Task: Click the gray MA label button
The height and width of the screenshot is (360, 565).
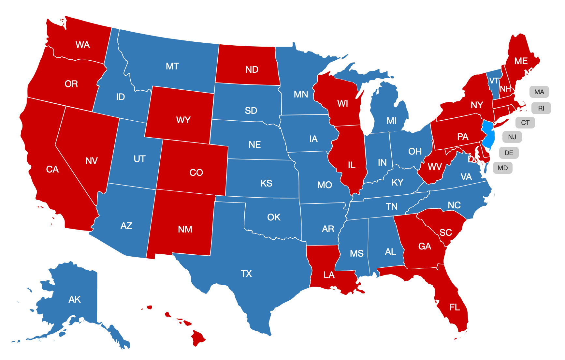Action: pyautogui.click(x=539, y=92)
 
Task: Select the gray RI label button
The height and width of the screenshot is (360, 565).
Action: pyautogui.click(x=541, y=108)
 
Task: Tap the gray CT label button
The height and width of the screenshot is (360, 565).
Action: pyautogui.click(x=525, y=123)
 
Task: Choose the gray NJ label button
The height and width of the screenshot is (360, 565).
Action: pyautogui.click(x=512, y=137)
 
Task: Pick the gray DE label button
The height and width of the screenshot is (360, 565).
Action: pyautogui.click(x=509, y=153)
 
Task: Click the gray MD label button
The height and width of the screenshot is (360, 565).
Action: pyautogui.click(x=502, y=168)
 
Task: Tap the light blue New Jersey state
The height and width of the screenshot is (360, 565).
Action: pyautogui.click(x=488, y=135)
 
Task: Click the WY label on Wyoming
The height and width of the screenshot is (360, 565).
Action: pyautogui.click(x=183, y=120)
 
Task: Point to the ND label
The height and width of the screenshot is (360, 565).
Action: pyautogui.click(x=252, y=69)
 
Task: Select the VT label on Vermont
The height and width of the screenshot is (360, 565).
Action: pyautogui.click(x=494, y=81)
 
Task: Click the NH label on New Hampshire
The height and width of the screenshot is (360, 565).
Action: pyautogui.click(x=505, y=89)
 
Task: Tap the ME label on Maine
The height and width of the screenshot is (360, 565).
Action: pyautogui.click(x=521, y=61)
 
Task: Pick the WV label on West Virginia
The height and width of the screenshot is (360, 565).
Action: pyautogui.click(x=435, y=167)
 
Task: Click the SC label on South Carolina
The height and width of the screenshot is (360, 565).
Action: pyautogui.click(x=445, y=232)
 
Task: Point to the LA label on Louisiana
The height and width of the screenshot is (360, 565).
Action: pyautogui.click(x=329, y=275)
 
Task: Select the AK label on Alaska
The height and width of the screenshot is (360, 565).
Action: pyautogui.click(x=75, y=299)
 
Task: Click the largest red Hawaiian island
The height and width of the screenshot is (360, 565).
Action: pyautogui.click(x=198, y=337)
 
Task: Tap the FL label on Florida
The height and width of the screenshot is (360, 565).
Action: pyautogui.click(x=455, y=307)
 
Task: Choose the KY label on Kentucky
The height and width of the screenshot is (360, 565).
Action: pyautogui.click(x=397, y=182)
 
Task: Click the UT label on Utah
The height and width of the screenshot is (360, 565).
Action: pyautogui.click(x=139, y=159)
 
